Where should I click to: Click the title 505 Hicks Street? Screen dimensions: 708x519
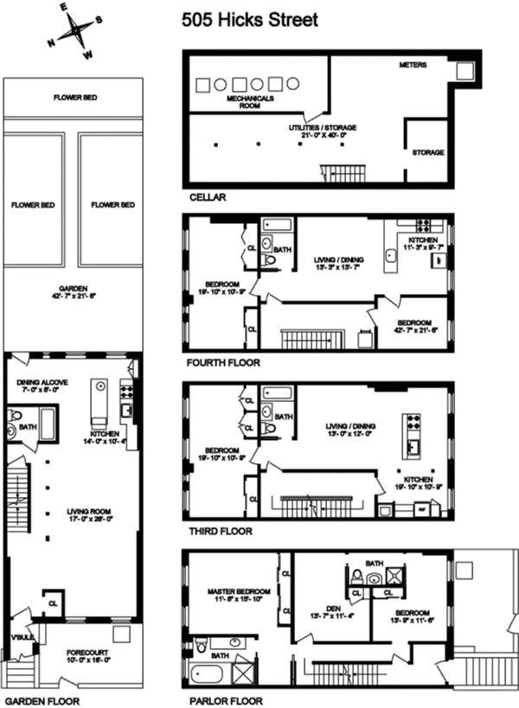pos(250,19)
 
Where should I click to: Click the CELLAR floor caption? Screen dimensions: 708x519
pos(208,197)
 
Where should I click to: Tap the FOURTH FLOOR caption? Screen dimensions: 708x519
pos(222,363)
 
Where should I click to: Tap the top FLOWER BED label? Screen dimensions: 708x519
pos(74,98)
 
